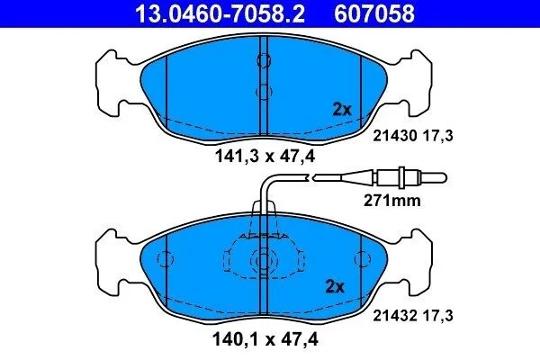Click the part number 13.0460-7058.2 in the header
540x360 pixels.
point(220,13)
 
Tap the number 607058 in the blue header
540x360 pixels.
point(374,13)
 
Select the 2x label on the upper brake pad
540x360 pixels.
point(342,110)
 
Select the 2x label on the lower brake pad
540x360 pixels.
point(335,286)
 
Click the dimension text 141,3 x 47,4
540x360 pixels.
point(265,157)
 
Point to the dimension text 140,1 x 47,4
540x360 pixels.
point(265,339)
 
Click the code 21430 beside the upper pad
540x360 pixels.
point(395,136)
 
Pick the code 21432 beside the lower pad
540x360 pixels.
point(395,315)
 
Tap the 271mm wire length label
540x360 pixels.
point(391,201)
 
